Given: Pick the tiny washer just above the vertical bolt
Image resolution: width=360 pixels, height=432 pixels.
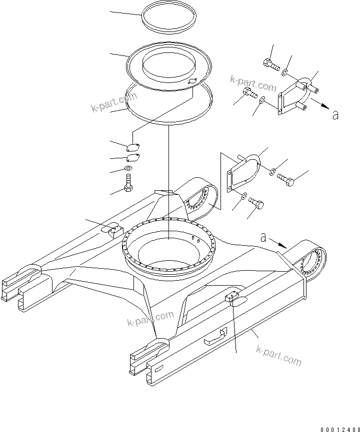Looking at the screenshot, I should (129, 169).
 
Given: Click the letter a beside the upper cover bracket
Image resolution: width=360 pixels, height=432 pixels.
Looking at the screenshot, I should (334, 115).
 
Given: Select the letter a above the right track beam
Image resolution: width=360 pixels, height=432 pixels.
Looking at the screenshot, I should (263, 238).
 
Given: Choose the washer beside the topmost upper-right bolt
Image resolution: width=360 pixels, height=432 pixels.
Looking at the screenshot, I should (283, 73).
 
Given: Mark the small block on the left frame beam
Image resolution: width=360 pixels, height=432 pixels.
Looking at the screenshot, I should (112, 230).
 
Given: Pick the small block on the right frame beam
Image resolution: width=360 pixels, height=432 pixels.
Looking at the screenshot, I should (232, 298).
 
